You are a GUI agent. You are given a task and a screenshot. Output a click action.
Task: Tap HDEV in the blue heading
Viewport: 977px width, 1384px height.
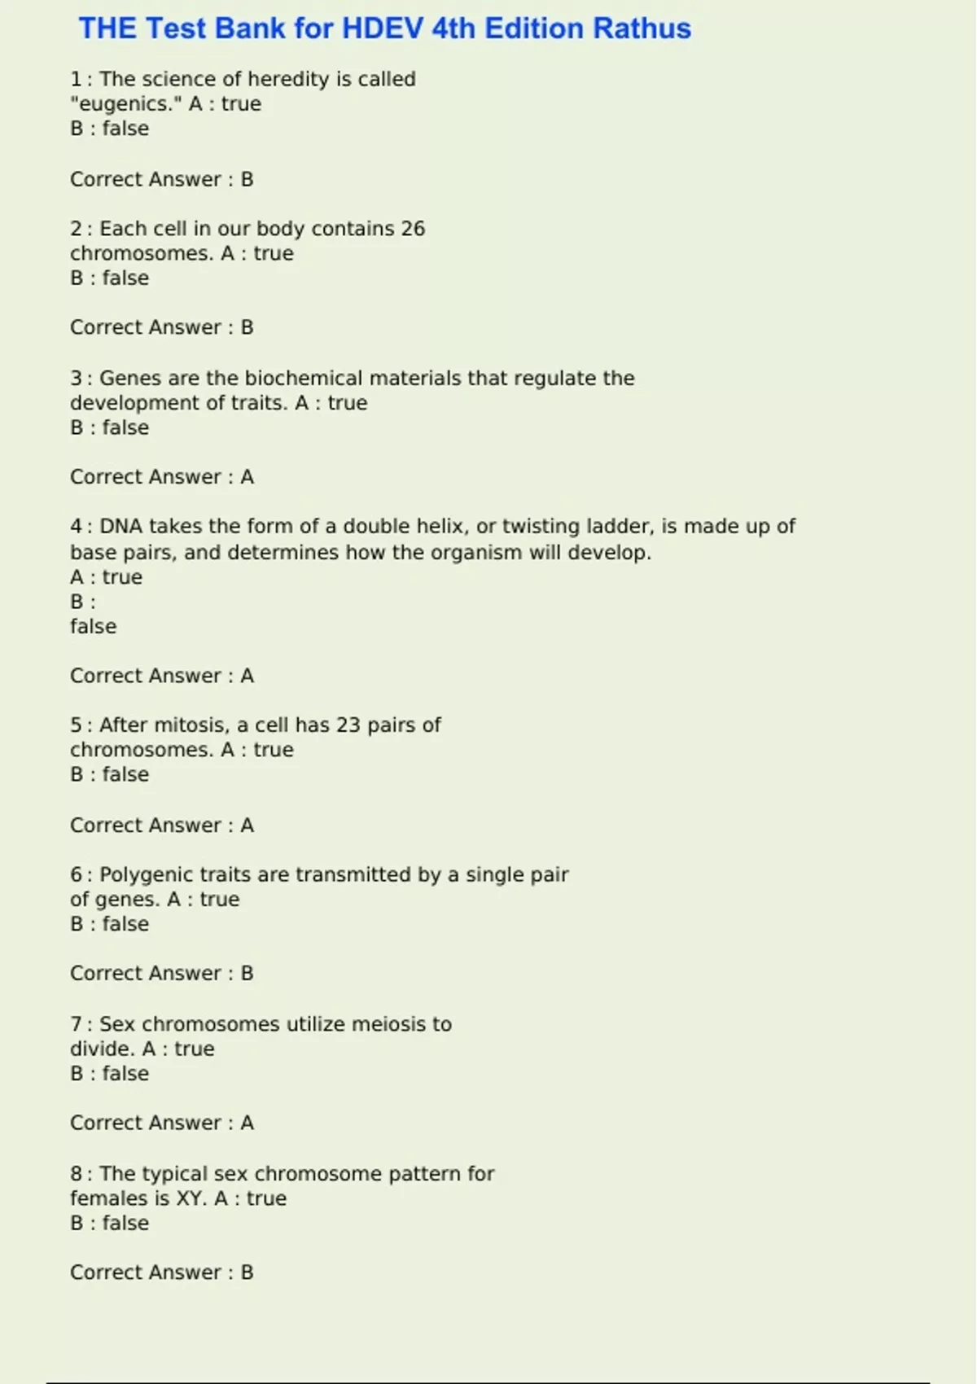tap(382, 28)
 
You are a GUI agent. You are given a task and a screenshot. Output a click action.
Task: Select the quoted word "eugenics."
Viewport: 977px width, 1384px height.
tap(126, 104)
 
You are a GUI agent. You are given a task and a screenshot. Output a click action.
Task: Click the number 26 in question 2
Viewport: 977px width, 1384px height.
tap(413, 229)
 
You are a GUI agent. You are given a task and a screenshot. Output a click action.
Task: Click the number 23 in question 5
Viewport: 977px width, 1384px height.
tap(348, 725)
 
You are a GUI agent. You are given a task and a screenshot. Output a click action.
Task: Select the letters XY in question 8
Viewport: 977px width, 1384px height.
tap(190, 1198)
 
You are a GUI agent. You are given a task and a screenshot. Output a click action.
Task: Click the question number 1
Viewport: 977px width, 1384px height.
tap(76, 80)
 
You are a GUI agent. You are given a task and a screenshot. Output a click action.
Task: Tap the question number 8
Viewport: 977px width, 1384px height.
tap(76, 1174)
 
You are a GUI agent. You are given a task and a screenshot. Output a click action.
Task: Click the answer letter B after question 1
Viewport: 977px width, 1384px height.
tap(248, 180)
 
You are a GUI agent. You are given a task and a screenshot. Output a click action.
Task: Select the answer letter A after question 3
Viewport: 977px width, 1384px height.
tap(248, 477)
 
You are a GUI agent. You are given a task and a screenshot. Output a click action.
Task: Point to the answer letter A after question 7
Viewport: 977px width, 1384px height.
tap(248, 1123)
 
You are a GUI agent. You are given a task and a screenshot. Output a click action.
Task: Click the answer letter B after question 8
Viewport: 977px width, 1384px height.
tap(248, 1272)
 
